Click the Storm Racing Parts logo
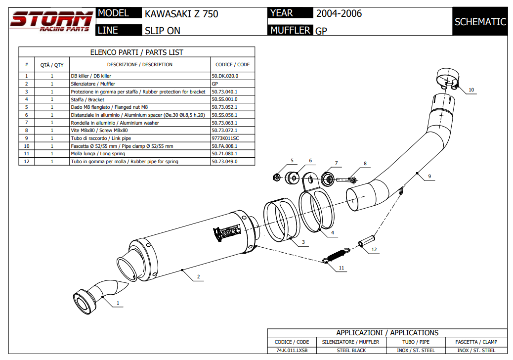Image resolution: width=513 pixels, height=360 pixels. (x=51, y=21)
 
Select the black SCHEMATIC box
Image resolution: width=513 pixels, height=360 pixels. (x=480, y=22)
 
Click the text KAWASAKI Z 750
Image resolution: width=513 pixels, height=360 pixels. (x=181, y=14)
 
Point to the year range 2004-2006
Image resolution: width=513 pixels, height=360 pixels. (x=339, y=13)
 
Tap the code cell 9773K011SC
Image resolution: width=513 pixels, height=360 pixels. (x=225, y=138)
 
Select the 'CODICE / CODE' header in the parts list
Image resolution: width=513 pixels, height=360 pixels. (x=232, y=64)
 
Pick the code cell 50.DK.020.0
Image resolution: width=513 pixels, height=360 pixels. (x=225, y=76)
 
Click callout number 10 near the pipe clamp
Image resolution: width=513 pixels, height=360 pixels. (x=471, y=90)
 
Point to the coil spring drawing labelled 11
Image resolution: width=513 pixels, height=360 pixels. (x=337, y=255)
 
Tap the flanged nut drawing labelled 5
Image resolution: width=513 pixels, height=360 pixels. (x=278, y=177)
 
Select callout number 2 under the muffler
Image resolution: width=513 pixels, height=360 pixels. (x=198, y=277)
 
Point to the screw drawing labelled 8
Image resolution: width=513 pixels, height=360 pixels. (x=347, y=180)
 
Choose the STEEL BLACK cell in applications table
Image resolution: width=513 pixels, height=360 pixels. (x=351, y=351)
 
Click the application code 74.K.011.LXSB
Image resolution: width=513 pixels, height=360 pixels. (x=292, y=351)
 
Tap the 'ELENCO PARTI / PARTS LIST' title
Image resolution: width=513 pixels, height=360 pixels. (x=136, y=52)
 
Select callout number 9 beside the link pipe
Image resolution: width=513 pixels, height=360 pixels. (x=429, y=176)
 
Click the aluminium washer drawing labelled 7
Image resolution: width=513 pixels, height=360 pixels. (x=327, y=178)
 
